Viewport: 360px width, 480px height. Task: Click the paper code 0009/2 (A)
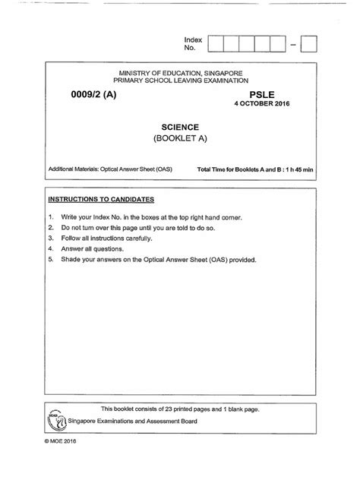tap(105, 93)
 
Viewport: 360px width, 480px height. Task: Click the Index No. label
tap(190, 43)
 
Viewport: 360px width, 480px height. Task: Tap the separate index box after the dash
tap(310, 44)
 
